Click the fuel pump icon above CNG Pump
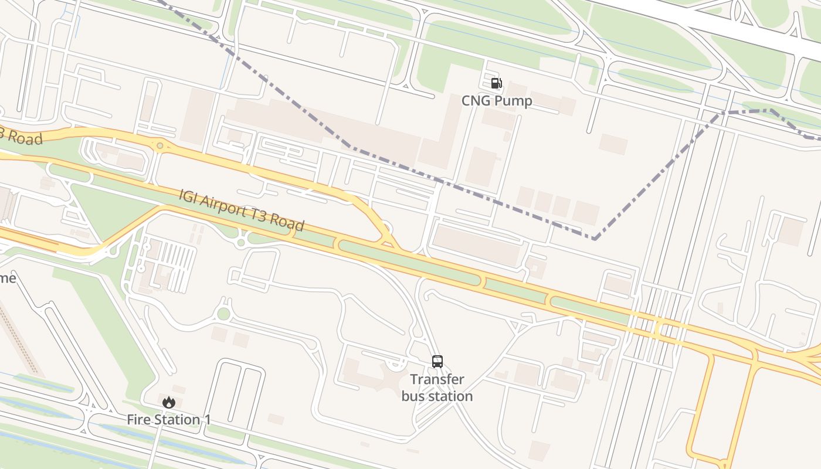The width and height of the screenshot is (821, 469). click(496, 83)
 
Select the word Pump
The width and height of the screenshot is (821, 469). click(513, 101)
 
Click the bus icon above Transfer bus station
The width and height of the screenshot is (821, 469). click(437, 361)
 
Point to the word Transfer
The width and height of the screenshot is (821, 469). click(437, 379)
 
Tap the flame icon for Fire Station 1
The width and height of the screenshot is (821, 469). click(169, 402)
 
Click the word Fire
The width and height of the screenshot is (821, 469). click(139, 420)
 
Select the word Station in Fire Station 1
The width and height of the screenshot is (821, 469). click(175, 420)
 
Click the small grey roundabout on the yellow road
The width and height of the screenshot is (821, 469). click(160, 145)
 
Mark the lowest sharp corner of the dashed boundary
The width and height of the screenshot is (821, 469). click(595, 239)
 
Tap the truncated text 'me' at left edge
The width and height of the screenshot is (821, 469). click(8, 278)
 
